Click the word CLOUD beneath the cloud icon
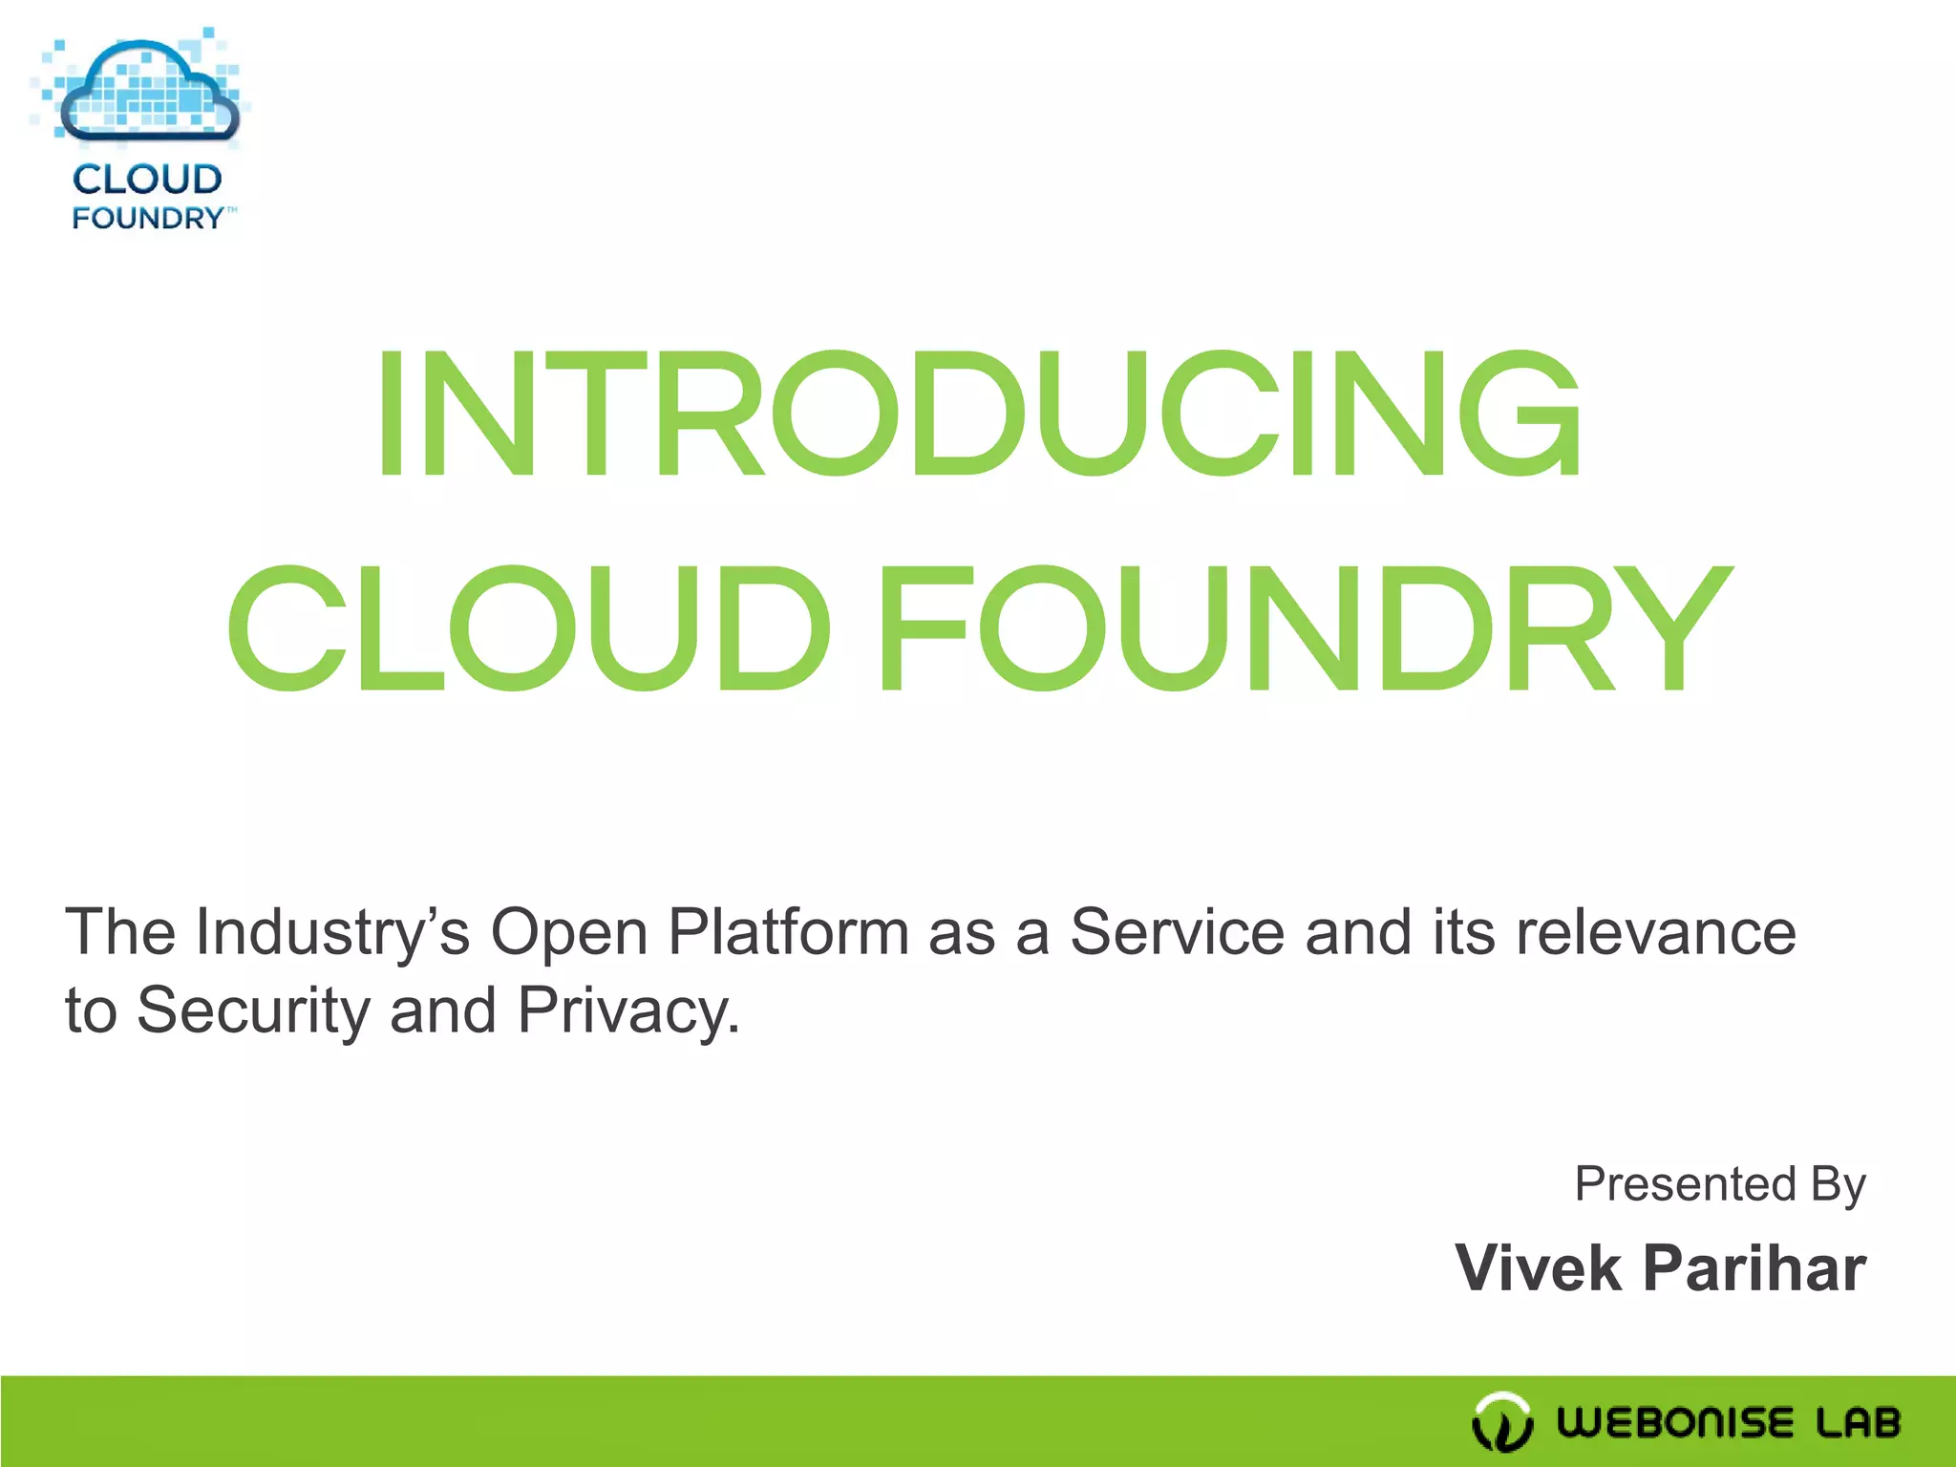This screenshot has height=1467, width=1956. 147,180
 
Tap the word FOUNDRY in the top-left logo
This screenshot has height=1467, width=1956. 148,219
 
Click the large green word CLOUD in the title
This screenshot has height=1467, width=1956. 527,628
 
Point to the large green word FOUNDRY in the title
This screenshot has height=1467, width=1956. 1305,628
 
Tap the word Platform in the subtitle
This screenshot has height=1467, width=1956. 788,932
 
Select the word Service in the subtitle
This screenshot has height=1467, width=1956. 1177,932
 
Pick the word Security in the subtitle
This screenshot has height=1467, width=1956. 253,1010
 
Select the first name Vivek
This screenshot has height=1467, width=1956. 1538,1268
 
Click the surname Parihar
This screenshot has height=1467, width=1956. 1754,1268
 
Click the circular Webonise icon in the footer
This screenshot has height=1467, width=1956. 1502,1422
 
